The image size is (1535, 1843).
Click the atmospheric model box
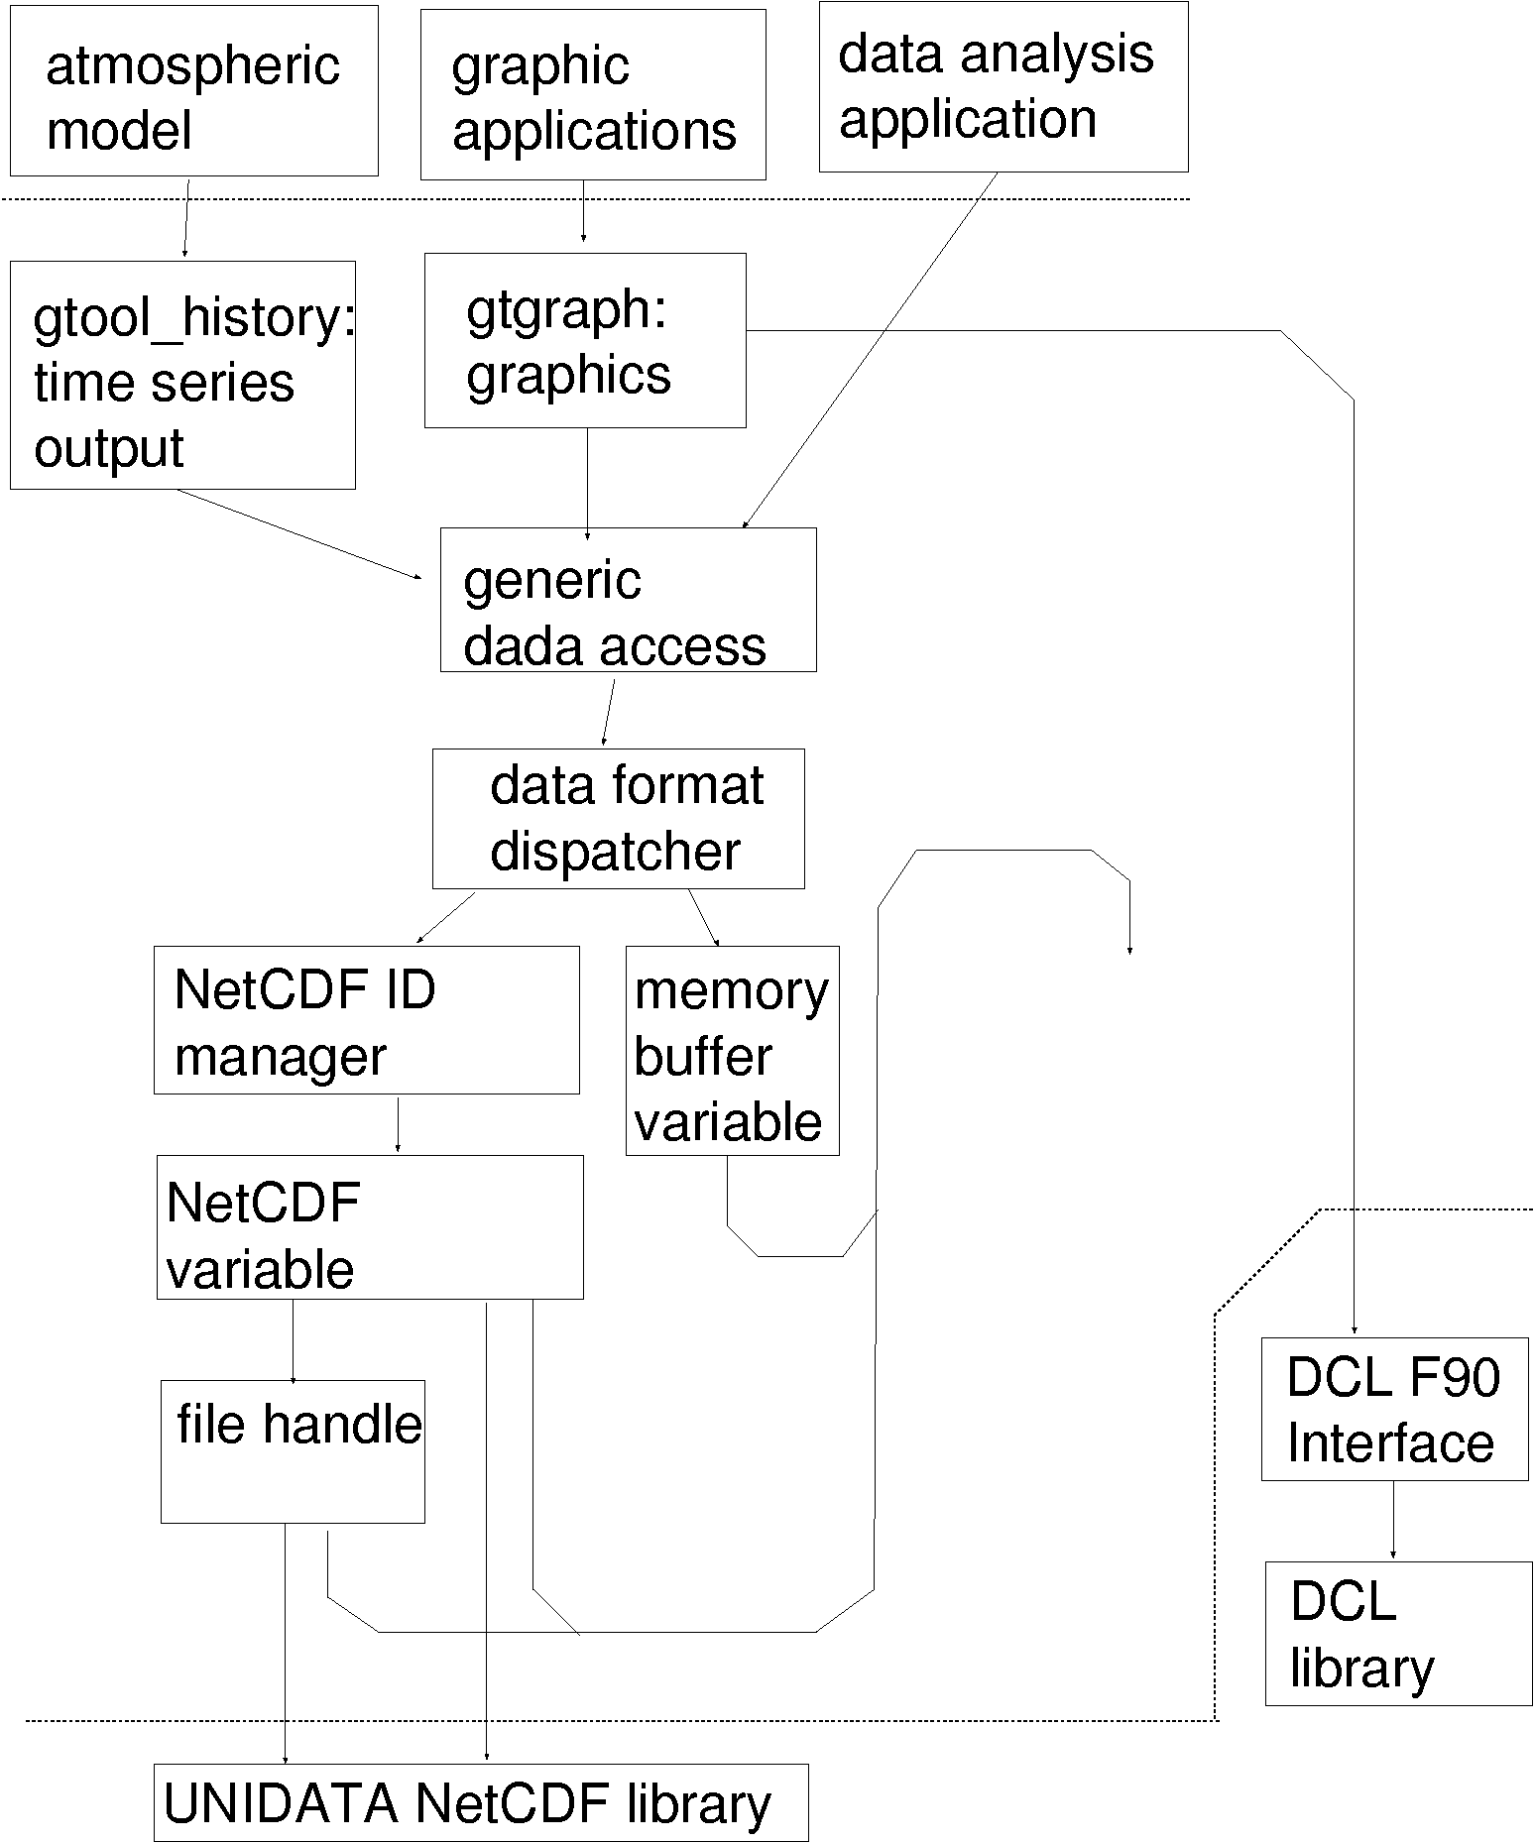pyautogui.click(x=194, y=91)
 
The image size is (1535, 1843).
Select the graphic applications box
pyautogui.click(x=593, y=95)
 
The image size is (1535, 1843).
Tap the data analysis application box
pyautogui.click(x=1004, y=87)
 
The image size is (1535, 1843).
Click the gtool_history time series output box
pyautogui.click(x=182, y=376)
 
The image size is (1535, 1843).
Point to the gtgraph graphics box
pyautogui.click(x=585, y=341)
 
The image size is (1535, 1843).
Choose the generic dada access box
pyautogui.click(x=628, y=600)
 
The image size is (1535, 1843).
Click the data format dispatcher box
pyautogui.click(x=618, y=819)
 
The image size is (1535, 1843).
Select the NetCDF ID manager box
pyautogui.click(x=366, y=1020)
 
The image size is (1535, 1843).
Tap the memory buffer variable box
pyautogui.click(x=732, y=1051)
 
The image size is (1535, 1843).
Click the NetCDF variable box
pyautogui.click(x=370, y=1227)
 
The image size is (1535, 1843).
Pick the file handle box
pyautogui.click(x=293, y=1451)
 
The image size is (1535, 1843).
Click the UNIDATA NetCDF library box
pyautogui.click(x=481, y=1802)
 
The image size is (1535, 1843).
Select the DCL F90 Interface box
pyautogui.click(x=1394, y=1409)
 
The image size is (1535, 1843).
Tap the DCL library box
pyautogui.click(x=1398, y=1634)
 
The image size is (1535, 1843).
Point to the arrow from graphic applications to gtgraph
pyautogui.click(x=583, y=211)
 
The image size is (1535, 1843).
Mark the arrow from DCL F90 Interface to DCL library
pyautogui.click(x=1393, y=1521)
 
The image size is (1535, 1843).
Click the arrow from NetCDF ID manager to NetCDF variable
pyautogui.click(x=398, y=1124)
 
